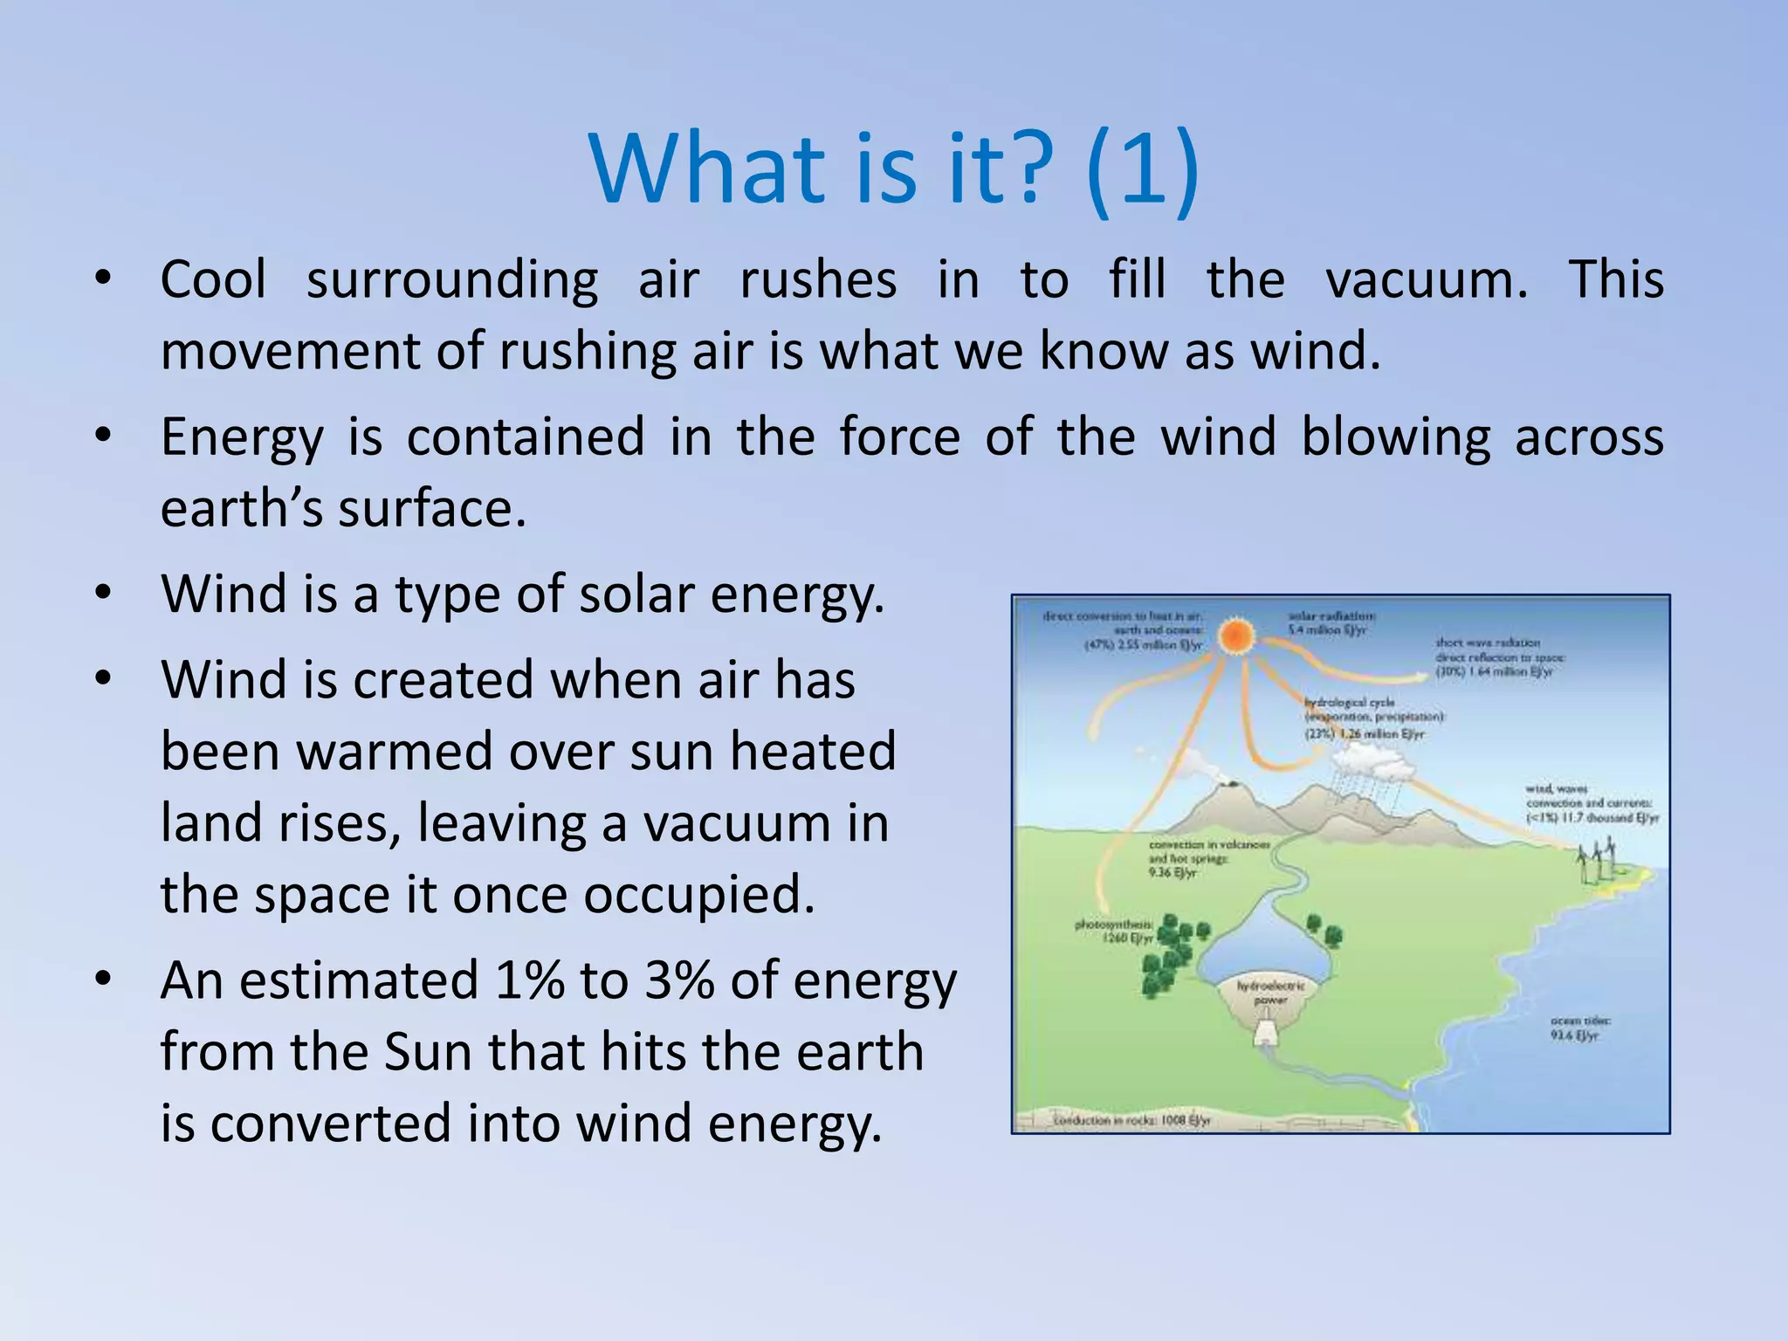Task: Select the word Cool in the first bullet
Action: pos(213,280)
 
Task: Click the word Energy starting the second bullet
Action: pos(242,437)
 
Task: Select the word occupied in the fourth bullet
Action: pos(699,895)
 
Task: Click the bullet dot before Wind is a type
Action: pos(103,593)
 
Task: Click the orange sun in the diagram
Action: pos(1236,637)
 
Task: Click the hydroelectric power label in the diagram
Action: pos(1270,992)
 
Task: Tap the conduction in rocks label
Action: pos(1132,1120)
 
